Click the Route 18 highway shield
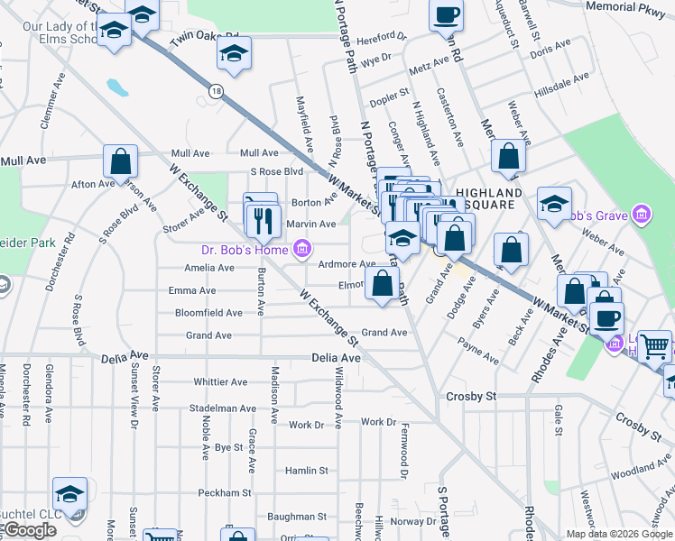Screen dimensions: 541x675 (215, 91)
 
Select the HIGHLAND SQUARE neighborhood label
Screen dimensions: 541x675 (488, 199)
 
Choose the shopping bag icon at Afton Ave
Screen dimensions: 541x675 (120, 162)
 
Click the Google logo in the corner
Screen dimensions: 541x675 (29, 530)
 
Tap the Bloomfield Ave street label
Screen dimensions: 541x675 (208, 313)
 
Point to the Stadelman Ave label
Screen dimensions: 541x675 (223, 408)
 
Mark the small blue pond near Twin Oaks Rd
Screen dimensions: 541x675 (117, 87)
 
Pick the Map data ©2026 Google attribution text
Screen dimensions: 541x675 (618, 534)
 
